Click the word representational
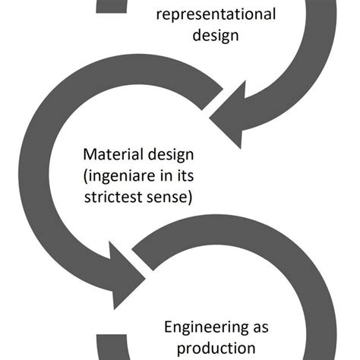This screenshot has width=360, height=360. tap(216, 14)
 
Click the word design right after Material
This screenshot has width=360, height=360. tap(172, 155)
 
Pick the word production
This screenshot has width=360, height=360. tap(216, 349)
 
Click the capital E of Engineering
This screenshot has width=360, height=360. tap(169, 327)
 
